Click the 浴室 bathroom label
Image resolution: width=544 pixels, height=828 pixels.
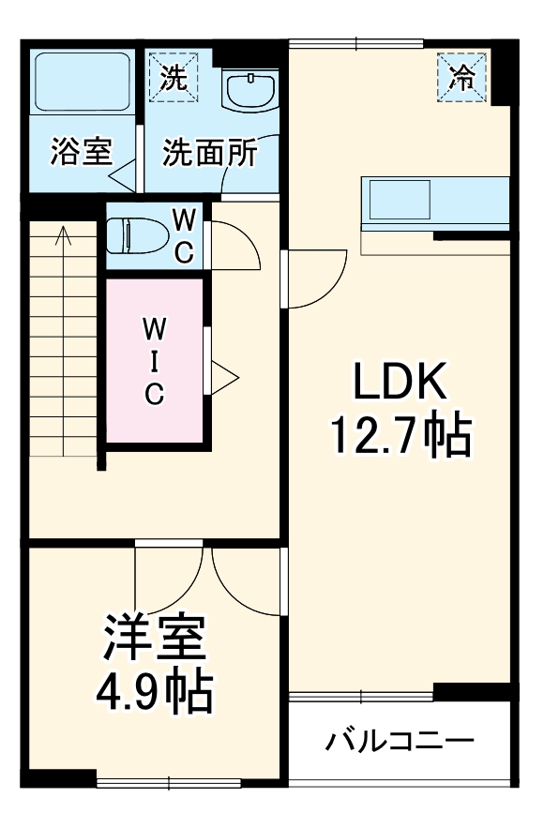click(x=81, y=152)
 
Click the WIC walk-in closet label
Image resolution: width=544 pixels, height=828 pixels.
click(x=154, y=361)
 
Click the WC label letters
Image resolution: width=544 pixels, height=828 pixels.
click(x=186, y=236)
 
